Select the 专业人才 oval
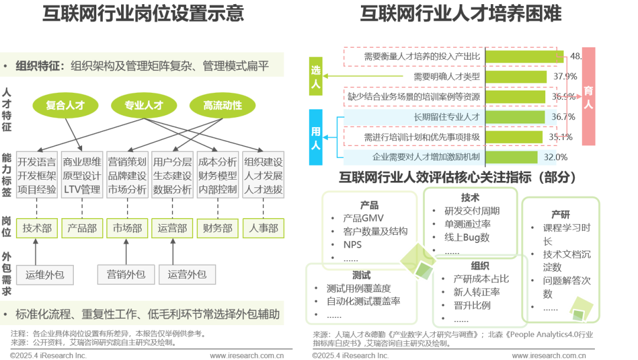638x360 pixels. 143,106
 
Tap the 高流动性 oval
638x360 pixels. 223,106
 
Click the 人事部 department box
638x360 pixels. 263,228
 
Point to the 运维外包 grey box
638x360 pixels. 45,274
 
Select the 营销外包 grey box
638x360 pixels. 125,274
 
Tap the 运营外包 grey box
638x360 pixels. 187,274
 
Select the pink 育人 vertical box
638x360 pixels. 588,96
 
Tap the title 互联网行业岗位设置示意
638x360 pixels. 144,14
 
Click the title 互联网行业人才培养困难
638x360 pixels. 461,14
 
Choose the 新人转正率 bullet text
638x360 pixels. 477,291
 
